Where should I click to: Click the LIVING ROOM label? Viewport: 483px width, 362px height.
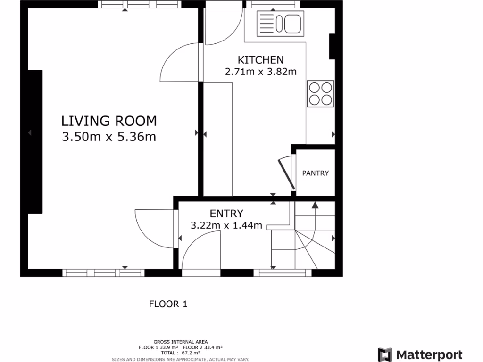109,121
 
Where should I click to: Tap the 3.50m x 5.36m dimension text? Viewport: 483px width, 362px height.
109,137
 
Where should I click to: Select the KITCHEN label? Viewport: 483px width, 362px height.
260,60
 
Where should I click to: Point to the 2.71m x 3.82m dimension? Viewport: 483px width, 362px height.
260,72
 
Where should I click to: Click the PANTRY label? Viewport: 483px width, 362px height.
316,173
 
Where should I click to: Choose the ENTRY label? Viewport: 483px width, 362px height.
226,214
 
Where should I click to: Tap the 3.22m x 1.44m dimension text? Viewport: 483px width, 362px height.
226,225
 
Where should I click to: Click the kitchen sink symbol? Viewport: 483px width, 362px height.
280,23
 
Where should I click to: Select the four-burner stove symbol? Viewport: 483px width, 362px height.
321,93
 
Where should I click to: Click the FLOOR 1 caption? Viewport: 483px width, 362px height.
168,304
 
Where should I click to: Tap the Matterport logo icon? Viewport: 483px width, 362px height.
385,354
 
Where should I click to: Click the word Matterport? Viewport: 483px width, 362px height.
429,354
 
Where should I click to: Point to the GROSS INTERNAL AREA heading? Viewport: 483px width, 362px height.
181,342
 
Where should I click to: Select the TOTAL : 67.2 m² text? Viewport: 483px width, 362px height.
181,352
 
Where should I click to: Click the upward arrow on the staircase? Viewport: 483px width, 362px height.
315,205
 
